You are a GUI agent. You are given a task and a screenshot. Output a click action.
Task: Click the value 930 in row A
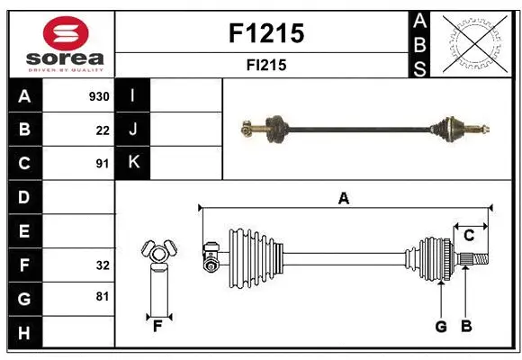[99, 96]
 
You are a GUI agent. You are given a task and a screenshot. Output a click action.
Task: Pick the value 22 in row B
[102, 130]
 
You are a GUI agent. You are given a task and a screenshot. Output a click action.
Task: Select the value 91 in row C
[102, 164]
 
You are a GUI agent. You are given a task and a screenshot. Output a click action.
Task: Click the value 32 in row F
[102, 265]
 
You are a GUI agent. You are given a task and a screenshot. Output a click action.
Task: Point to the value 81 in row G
[102, 296]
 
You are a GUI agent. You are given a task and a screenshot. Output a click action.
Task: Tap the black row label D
[24, 197]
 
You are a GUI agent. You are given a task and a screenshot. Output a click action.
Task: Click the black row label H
[24, 333]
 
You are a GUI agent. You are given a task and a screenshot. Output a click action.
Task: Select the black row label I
[133, 95]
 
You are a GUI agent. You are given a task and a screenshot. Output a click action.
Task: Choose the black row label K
[133, 163]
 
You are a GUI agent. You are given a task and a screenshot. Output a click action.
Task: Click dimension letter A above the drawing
[343, 198]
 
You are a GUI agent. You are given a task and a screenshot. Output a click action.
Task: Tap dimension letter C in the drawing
[469, 235]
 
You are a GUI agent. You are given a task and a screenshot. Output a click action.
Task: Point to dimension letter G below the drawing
[441, 327]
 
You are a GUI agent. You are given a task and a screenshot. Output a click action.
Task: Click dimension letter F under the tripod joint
[157, 326]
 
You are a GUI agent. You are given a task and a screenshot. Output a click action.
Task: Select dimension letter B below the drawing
[465, 327]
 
